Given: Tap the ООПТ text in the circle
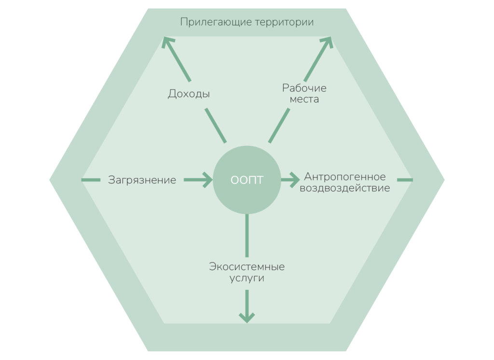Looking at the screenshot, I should click(247, 180).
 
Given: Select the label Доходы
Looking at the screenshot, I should click(189, 94).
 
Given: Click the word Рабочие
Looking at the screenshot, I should click(304, 88).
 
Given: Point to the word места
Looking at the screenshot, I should click(304, 100).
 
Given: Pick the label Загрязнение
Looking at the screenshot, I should click(142, 180).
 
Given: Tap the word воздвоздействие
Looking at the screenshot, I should click(345, 188).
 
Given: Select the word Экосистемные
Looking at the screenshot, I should click(247, 266).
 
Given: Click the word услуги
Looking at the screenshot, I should click(247, 278).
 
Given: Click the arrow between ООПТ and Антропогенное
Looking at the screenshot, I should click(290, 180).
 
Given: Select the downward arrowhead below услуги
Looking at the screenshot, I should click(247, 317).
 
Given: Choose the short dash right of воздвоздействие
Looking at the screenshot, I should click(404, 180).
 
